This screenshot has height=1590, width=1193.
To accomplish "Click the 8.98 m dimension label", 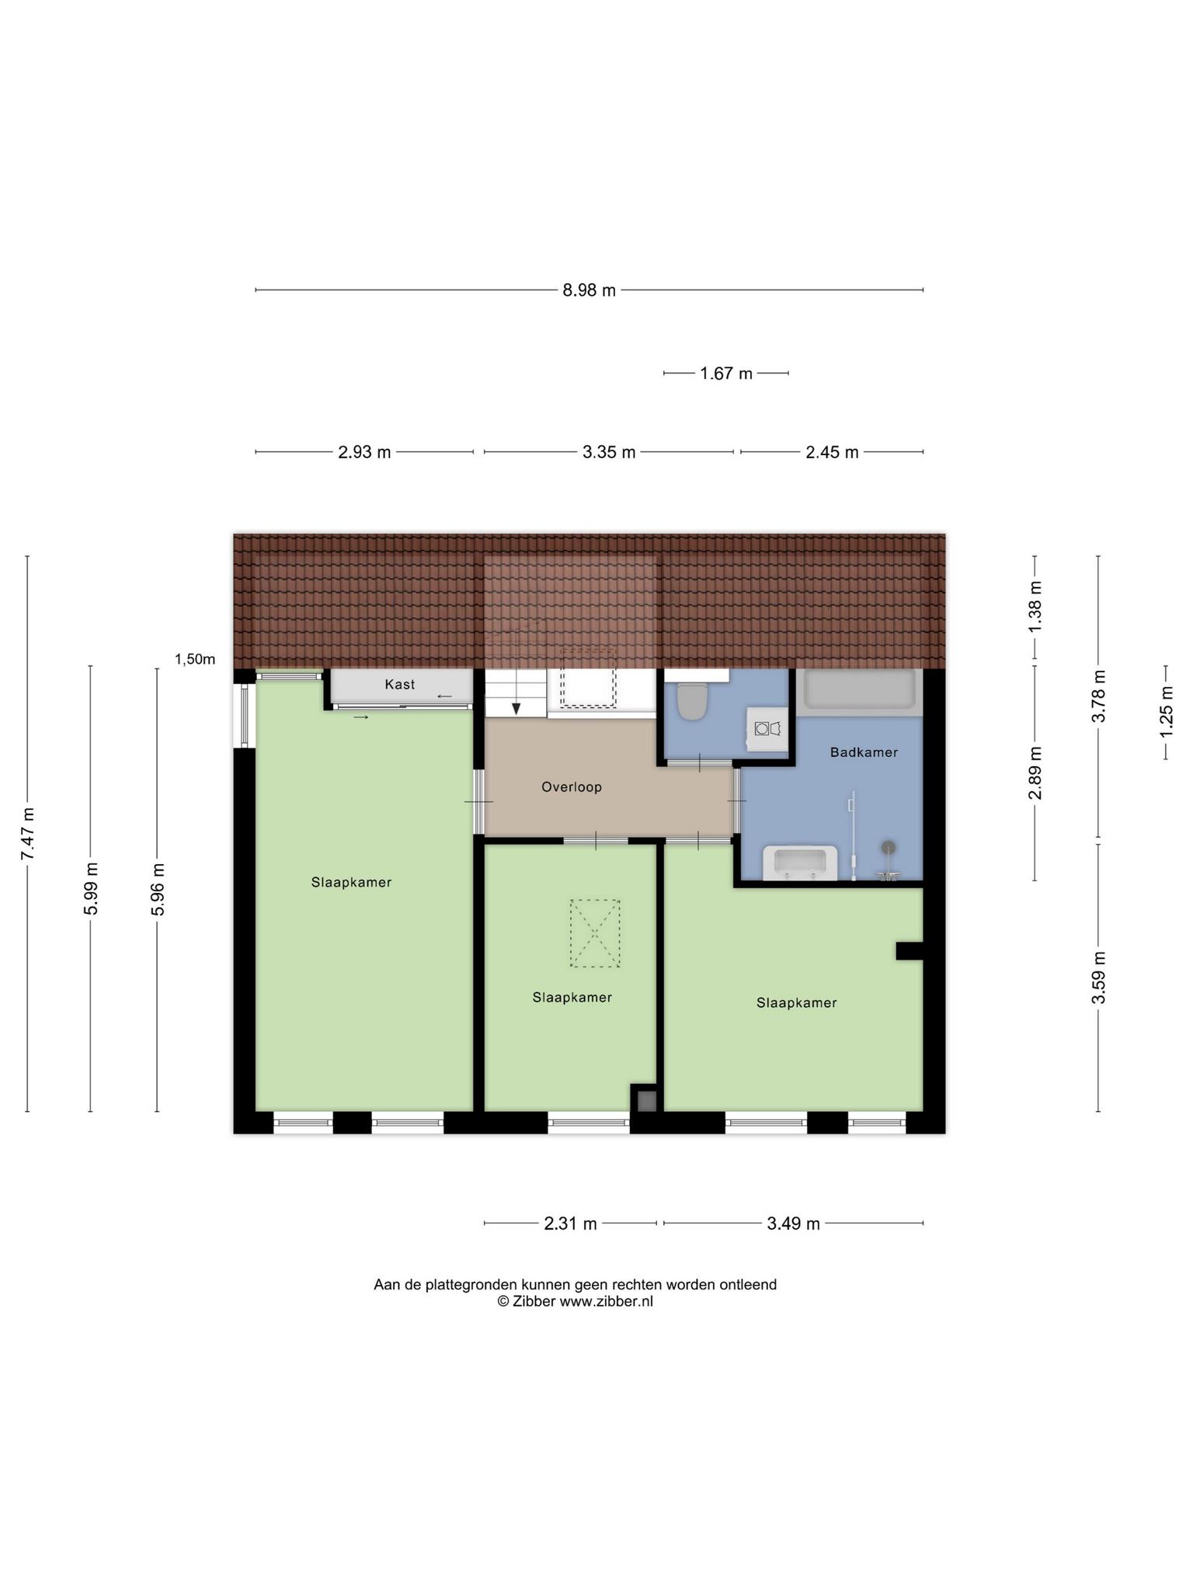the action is pyautogui.click(x=589, y=290).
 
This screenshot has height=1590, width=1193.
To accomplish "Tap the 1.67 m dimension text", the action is pyautogui.click(x=726, y=373).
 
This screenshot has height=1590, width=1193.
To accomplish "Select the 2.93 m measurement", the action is pyautogui.click(x=364, y=452).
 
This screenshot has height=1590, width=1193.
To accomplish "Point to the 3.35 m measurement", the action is pyautogui.click(x=609, y=452).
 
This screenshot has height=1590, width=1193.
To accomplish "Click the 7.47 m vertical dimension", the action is pyautogui.click(x=28, y=834).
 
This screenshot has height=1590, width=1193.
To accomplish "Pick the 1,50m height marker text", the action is pyautogui.click(x=195, y=659).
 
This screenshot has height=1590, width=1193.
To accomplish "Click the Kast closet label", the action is pyautogui.click(x=400, y=684).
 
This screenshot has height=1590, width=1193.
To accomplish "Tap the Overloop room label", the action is pyautogui.click(x=572, y=786).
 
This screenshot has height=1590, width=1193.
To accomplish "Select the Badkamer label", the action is pyautogui.click(x=864, y=752).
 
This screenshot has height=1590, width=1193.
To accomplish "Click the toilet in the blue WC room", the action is pyautogui.click(x=691, y=701).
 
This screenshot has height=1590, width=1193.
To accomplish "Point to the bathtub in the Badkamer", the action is pyautogui.click(x=859, y=689).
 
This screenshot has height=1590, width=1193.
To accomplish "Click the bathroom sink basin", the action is pyautogui.click(x=801, y=863).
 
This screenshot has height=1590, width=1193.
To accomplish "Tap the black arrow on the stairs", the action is pyautogui.click(x=516, y=708).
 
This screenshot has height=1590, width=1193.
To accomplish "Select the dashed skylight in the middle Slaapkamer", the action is pyautogui.click(x=595, y=933).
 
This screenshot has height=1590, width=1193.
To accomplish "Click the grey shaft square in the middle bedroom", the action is pyautogui.click(x=647, y=1101).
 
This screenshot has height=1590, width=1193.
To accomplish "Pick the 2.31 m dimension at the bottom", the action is pyautogui.click(x=570, y=1224).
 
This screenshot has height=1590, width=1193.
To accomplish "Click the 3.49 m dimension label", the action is pyautogui.click(x=793, y=1224).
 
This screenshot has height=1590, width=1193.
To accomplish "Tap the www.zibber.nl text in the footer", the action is pyautogui.click(x=606, y=1301).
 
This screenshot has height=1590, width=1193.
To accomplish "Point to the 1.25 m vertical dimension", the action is pyautogui.click(x=1166, y=712).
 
